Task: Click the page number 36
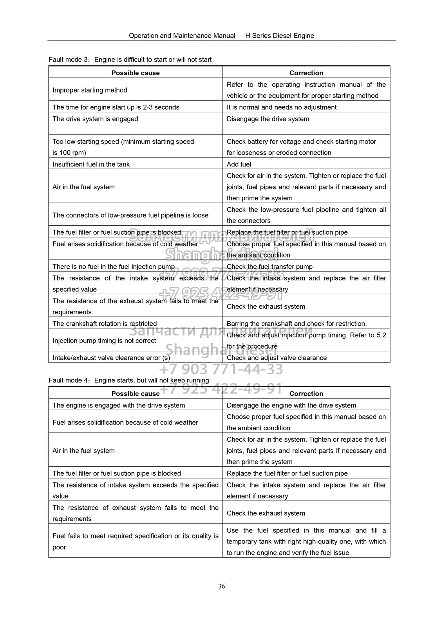coord(221,586)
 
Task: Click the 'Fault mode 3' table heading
coord(130,60)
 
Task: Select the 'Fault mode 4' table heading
coord(129,380)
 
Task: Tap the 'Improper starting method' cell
coord(90,90)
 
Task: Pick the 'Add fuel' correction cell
coord(239,164)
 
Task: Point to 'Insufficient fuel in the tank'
coord(91,164)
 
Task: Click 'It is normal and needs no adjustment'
coord(282,107)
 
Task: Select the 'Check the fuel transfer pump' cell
coord(269,266)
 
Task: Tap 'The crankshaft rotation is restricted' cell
coord(105,324)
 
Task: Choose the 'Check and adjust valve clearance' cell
coord(277,358)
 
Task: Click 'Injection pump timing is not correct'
coord(104,341)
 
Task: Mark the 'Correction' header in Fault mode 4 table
coord(306,393)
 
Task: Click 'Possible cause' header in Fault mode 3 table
coord(136,73)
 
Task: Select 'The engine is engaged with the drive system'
coord(119,405)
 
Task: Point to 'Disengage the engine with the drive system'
coord(291,405)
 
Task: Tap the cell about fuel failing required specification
coord(136,541)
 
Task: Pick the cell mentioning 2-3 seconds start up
coord(116,107)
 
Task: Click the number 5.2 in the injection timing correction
coord(381,335)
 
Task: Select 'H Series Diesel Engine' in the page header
coord(280,36)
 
